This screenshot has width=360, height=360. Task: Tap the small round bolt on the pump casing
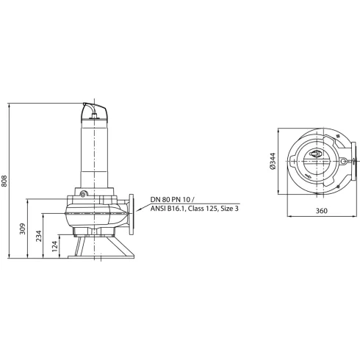(x=84, y=194)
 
